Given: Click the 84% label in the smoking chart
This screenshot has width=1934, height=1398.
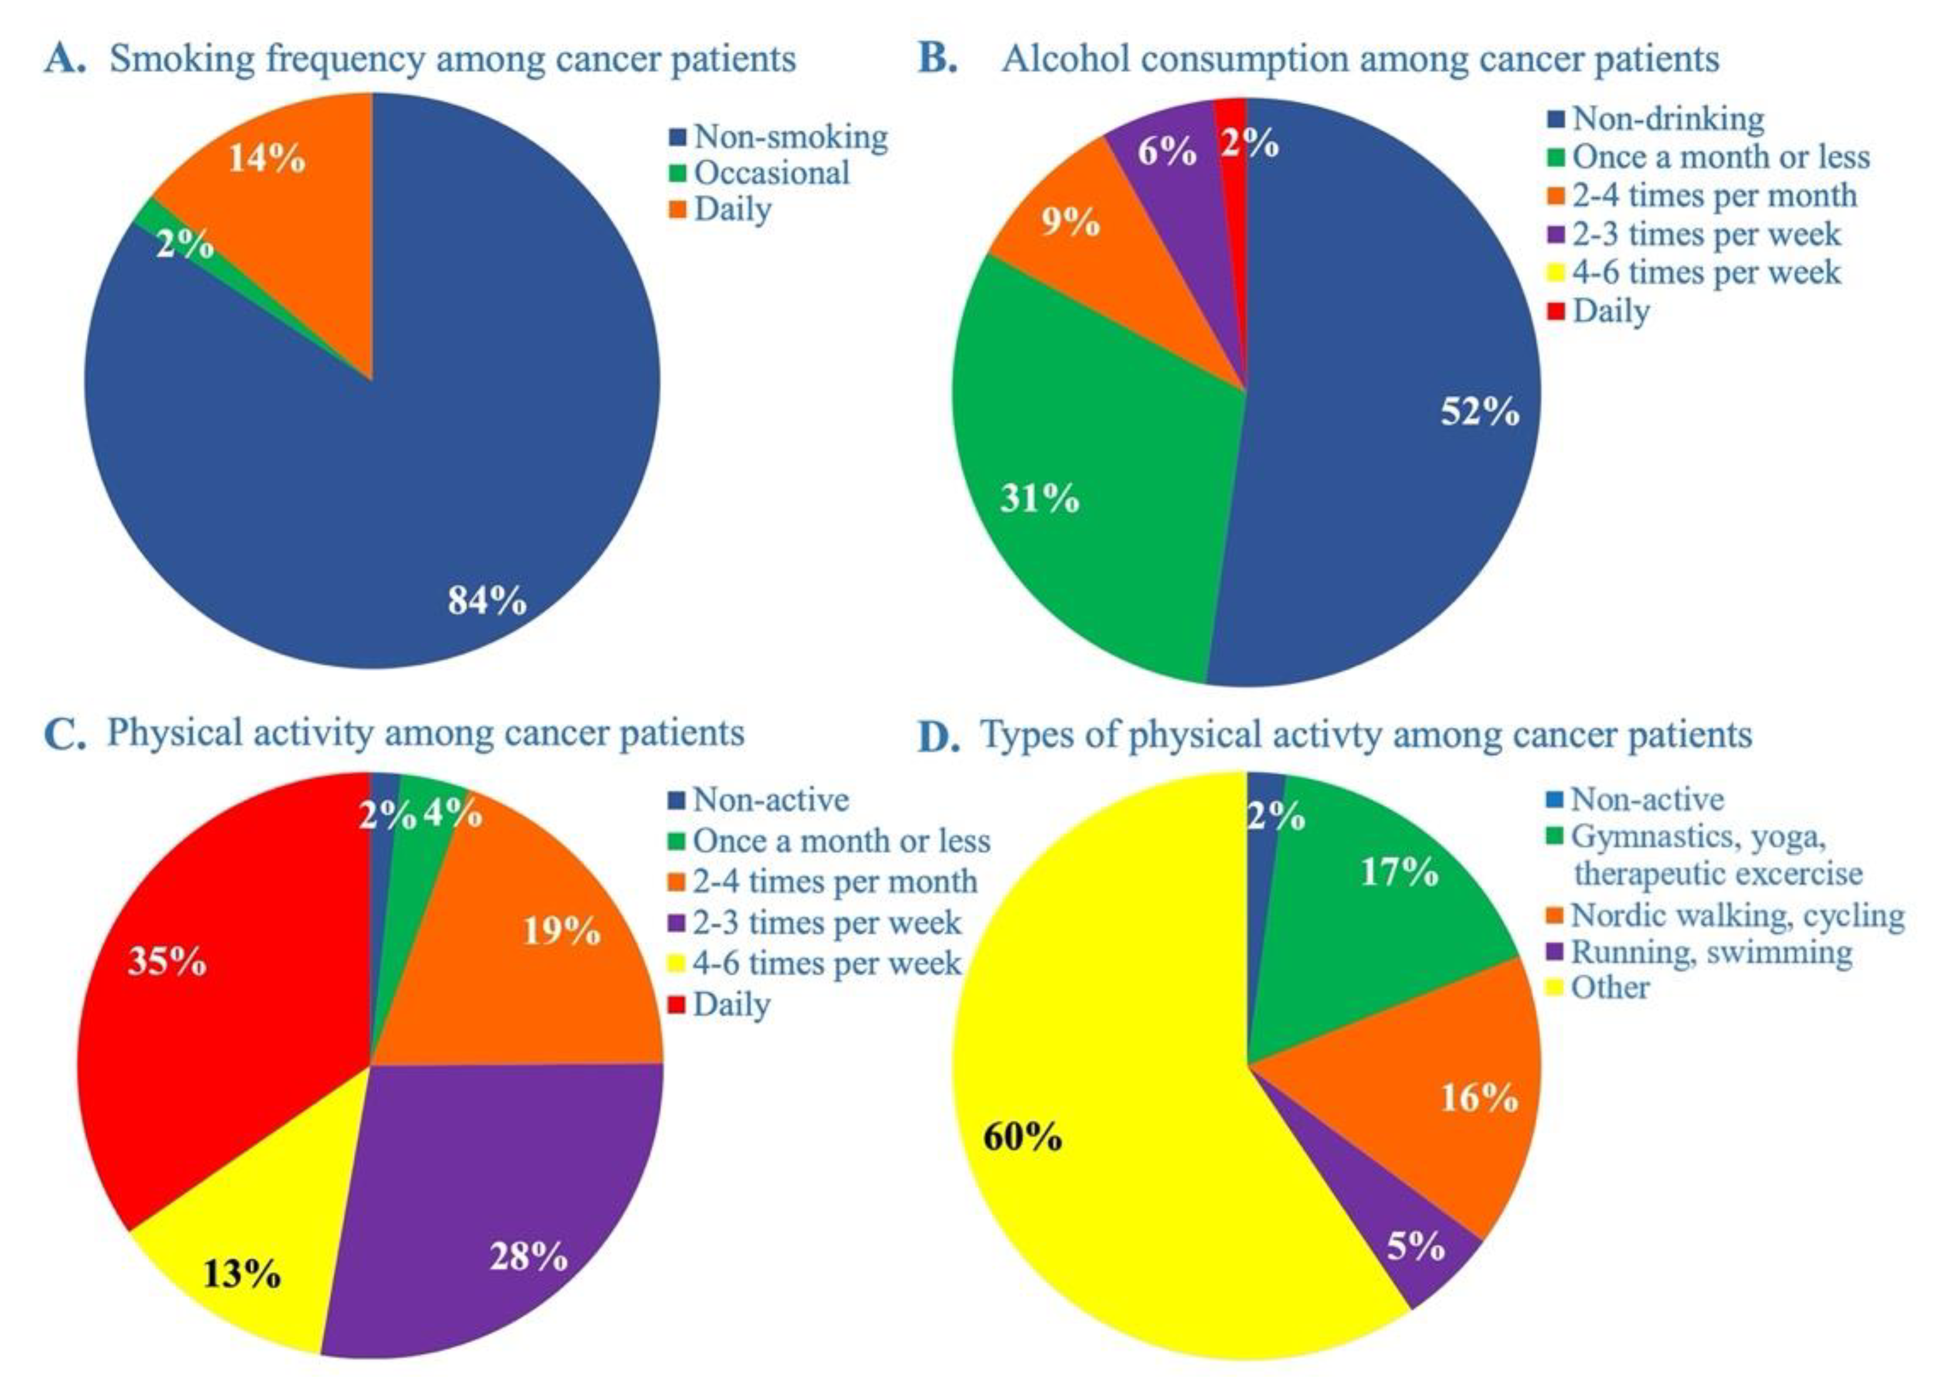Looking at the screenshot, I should pyautogui.click(x=487, y=601).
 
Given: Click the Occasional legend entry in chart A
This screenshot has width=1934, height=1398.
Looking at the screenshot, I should pyautogui.click(x=771, y=173).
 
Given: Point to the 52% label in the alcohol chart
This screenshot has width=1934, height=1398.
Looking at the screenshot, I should pyautogui.click(x=1479, y=412).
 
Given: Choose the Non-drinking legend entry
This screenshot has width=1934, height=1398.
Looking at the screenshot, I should pyautogui.click(x=1667, y=118).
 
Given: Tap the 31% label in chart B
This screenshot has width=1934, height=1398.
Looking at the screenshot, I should pyautogui.click(x=1040, y=498).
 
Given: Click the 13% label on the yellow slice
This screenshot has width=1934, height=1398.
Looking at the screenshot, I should pyautogui.click(x=241, y=1274).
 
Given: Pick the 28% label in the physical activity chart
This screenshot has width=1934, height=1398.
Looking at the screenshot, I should pyautogui.click(x=528, y=1257).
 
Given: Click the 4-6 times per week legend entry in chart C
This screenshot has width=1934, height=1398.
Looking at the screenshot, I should pyautogui.click(x=826, y=963).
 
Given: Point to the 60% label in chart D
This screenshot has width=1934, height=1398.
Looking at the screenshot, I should pyautogui.click(x=1023, y=1136).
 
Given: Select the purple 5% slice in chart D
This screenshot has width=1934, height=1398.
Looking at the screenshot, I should pyautogui.click(x=1415, y=1254).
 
